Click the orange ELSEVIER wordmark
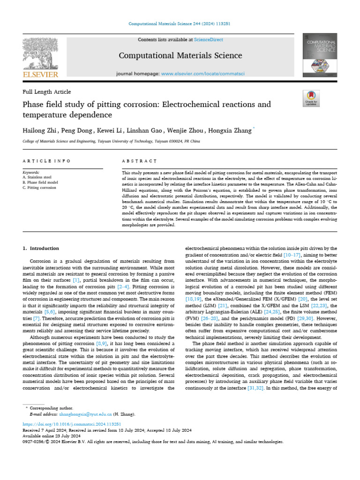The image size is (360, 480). coord(40,75)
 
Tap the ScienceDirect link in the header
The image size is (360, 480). coord(210,40)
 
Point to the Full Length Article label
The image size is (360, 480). coord(46,92)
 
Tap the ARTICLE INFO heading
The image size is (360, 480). coord(46,161)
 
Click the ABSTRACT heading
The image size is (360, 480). coord(139,161)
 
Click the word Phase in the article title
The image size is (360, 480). coord(35,104)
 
